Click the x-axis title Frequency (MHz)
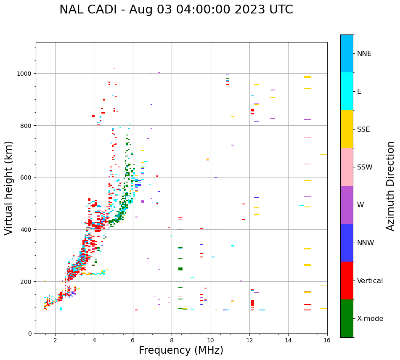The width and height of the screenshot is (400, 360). tap(181, 350)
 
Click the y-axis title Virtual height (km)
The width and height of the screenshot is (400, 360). tap(9, 188)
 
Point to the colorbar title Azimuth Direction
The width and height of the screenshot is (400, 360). tap(391, 186)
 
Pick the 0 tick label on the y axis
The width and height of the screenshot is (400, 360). tap(29, 334)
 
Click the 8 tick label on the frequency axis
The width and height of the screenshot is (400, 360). tap(172, 341)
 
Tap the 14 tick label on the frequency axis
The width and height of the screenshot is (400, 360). tap(288, 341)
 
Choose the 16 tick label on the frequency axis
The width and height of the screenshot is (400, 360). tap(327, 341)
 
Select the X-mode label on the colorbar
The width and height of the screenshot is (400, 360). tap(370, 319)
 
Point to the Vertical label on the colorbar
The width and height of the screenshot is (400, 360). tap(370, 281)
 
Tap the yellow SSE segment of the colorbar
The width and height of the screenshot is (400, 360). tap(347, 129)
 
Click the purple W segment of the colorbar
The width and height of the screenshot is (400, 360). tap(347, 205)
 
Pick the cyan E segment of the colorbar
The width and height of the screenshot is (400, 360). tap(347, 91)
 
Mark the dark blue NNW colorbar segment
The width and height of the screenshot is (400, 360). tap(347, 243)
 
